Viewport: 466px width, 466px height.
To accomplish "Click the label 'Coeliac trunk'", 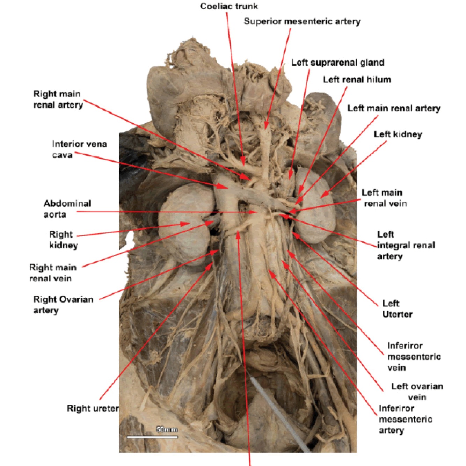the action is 229,6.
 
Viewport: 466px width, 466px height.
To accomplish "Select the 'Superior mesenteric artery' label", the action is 302,22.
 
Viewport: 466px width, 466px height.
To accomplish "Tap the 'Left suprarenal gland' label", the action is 337,63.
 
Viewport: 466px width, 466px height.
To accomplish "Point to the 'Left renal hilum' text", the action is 357,80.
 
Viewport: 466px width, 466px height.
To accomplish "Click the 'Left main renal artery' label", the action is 393,108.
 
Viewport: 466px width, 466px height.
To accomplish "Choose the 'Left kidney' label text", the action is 398,134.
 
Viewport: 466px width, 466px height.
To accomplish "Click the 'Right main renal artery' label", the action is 58,99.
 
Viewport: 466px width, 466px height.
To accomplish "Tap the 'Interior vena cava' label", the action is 79,149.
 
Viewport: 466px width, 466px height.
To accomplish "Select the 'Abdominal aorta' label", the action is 67,209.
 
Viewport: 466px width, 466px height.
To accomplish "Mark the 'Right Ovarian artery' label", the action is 63,304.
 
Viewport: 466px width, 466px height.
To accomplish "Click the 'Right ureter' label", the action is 93,408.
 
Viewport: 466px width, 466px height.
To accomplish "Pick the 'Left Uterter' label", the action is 397,309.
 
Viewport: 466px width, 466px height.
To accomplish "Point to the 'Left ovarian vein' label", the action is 417,392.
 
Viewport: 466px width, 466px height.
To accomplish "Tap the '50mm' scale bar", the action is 152,436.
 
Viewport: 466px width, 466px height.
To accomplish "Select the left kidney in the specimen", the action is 314,206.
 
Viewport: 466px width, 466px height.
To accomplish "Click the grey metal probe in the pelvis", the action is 279,412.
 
